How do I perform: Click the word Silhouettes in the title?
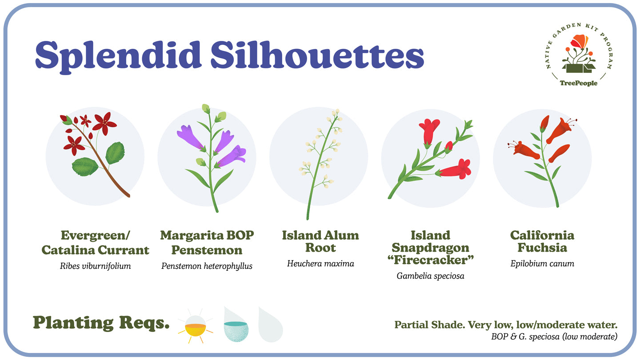pyautogui.click(x=317, y=54)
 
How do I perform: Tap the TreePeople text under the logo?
pyautogui.click(x=579, y=83)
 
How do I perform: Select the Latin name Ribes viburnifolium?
pyautogui.click(x=96, y=266)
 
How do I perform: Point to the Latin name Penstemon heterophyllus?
pyautogui.click(x=207, y=266)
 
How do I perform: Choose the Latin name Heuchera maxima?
pyautogui.click(x=320, y=264)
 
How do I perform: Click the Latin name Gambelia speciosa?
pyautogui.click(x=430, y=276)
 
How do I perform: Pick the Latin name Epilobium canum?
pyautogui.click(x=542, y=264)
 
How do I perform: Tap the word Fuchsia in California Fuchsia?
pyautogui.click(x=542, y=248)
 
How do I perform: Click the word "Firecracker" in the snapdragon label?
pyautogui.click(x=431, y=260)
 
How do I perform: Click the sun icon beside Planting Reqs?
pyautogui.click(x=196, y=326)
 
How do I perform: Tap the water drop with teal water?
pyautogui.click(x=236, y=324)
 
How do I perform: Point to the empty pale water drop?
pyautogui.click(x=270, y=324)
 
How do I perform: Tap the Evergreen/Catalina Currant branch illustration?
pyautogui.click(x=95, y=155)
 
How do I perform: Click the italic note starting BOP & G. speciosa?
pyautogui.click(x=554, y=337)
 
